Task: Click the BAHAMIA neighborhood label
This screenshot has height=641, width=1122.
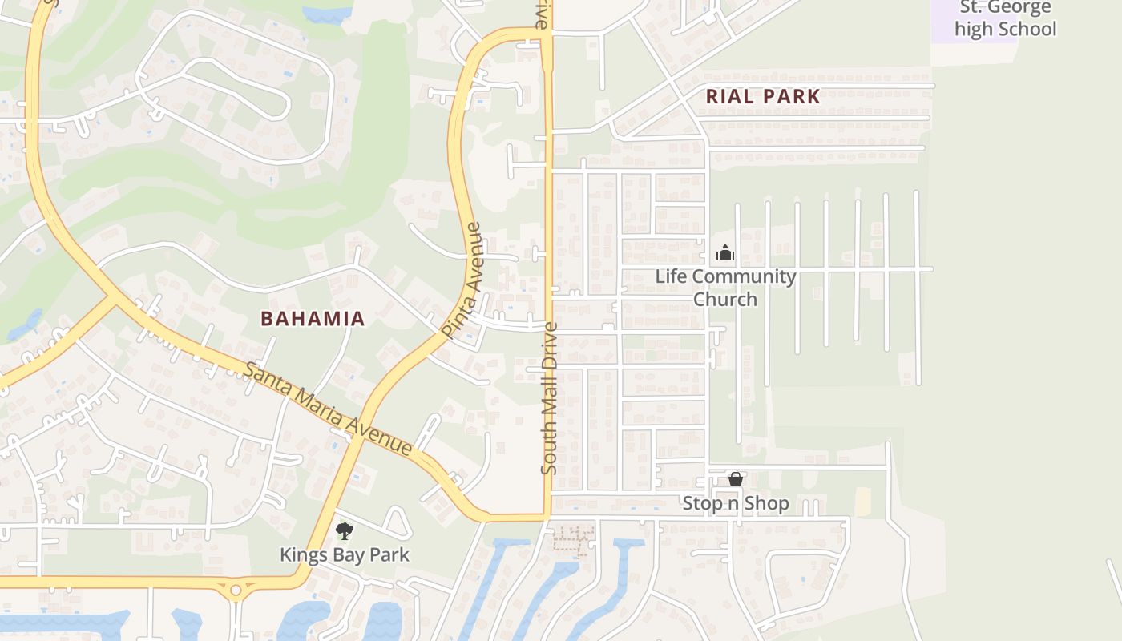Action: coord(313,318)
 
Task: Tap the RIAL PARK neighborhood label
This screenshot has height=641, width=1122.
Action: coord(763,97)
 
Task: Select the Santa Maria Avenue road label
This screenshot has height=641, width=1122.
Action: coord(328,409)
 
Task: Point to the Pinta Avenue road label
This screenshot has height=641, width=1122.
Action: coord(463,280)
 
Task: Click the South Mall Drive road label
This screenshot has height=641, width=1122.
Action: coord(549,397)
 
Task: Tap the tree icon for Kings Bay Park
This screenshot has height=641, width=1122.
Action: coord(345,530)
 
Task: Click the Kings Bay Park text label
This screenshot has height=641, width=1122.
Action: coord(345,554)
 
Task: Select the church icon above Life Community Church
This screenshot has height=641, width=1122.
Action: coord(725,253)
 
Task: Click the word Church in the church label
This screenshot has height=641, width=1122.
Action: coord(724,299)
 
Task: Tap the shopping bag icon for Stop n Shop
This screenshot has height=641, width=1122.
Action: coord(736,479)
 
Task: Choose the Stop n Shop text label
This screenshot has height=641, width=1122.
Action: coord(736,503)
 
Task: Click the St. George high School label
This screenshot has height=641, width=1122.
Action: coord(1005,19)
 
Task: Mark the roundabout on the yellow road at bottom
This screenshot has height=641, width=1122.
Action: coord(236,591)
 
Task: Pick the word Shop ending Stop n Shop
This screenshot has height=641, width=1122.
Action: coord(769,503)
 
